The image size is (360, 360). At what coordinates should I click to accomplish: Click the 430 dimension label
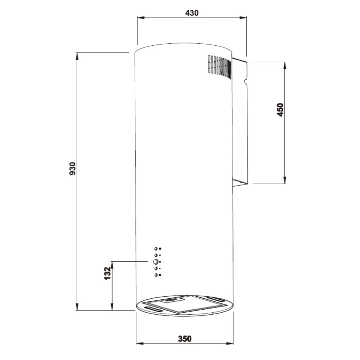[x=192, y=13]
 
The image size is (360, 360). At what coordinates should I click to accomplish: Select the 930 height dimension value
[x=73, y=169]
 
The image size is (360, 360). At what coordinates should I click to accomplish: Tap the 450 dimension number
[x=280, y=110]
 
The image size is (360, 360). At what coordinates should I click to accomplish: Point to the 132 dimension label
[x=107, y=273]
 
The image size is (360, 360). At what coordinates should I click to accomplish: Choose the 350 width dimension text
[x=185, y=338]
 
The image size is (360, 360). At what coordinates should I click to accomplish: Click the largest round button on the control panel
[x=156, y=261]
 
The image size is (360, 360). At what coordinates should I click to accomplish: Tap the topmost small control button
[x=156, y=248]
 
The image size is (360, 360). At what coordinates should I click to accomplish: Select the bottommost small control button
[x=156, y=275]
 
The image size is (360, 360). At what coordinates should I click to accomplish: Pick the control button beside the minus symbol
[x=156, y=268]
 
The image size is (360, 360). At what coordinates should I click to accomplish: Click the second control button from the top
[x=156, y=255]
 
